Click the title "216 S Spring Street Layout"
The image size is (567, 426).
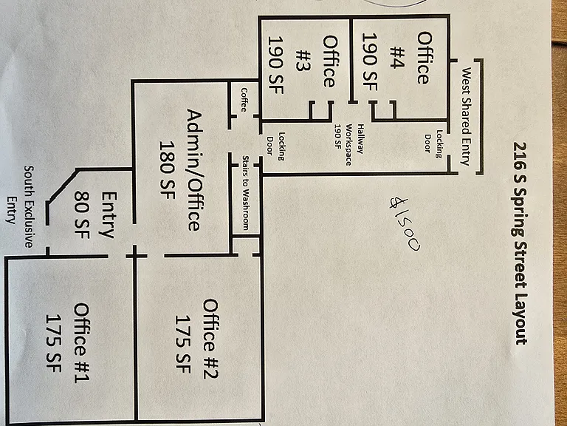(x=520, y=243)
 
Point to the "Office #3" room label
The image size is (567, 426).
(x=317, y=61)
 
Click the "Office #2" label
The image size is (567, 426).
(x=210, y=339)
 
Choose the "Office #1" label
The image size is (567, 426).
(x=81, y=342)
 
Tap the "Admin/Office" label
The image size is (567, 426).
(x=194, y=170)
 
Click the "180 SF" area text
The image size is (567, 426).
(x=167, y=170)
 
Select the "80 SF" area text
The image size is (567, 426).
(x=81, y=214)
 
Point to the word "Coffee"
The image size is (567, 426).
(x=244, y=100)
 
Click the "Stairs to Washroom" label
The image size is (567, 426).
(x=245, y=193)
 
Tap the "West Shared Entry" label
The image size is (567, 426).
(x=466, y=116)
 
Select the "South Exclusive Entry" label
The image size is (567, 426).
(x=21, y=206)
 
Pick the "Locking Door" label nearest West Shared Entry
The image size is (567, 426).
(x=433, y=143)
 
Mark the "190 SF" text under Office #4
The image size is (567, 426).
(x=370, y=62)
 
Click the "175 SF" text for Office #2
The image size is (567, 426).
(x=183, y=344)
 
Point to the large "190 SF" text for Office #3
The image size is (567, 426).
(x=275, y=65)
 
